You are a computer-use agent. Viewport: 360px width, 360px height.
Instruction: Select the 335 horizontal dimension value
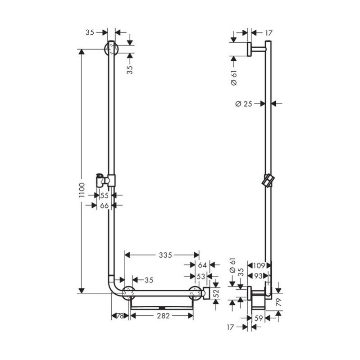165,255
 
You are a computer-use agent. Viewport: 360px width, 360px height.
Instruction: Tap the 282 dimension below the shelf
163,316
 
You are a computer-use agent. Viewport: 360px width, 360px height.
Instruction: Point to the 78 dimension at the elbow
120,316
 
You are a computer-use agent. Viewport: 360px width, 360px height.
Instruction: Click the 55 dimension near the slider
105,196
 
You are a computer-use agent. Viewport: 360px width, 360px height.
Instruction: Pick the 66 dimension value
105,205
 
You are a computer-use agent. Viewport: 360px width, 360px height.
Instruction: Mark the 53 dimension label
201,275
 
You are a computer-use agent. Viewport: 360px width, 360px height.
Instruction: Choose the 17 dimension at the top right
269,32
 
